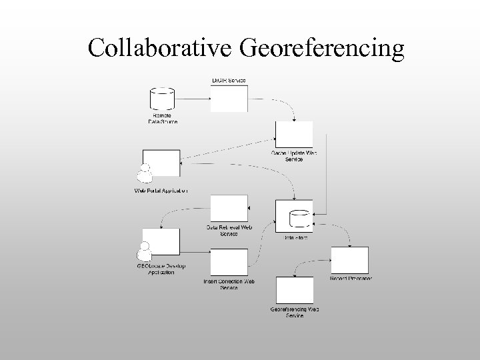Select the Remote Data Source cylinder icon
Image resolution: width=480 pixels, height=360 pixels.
click(162, 99)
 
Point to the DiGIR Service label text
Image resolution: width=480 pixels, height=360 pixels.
click(229, 81)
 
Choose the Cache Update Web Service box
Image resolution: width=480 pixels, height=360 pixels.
click(294, 135)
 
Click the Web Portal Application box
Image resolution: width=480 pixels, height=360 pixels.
click(162, 163)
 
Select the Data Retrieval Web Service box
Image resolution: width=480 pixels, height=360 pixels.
click(229, 209)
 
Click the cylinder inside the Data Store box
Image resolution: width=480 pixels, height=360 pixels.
click(298, 218)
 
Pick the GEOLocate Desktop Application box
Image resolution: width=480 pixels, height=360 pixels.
click(161, 243)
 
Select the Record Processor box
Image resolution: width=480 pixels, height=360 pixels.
click(350, 260)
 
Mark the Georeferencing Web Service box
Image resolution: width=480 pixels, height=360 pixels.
click(294, 291)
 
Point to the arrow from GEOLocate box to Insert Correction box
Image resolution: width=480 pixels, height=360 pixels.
click(195, 253)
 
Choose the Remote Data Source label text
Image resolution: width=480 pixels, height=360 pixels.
click(163, 119)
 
